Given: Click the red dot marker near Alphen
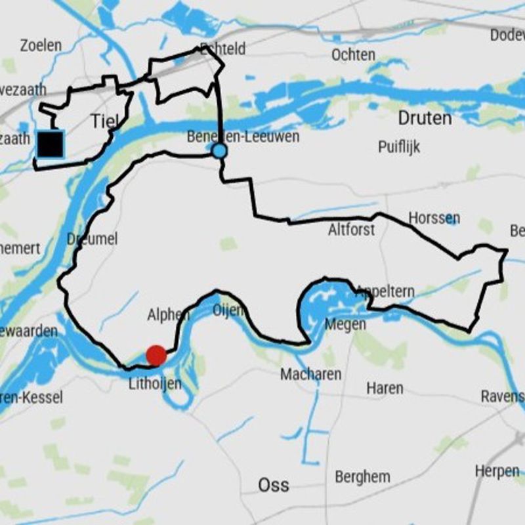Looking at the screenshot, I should (x=156, y=356).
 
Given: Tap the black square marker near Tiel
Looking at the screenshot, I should (x=51, y=144).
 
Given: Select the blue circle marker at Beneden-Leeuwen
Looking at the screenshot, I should (x=219, y=151).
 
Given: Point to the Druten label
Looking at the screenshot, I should (x=425, y=118).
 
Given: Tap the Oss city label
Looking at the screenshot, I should (x=274, y=486).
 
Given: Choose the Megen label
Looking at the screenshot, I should (x=345, y=324).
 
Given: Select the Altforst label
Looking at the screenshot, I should (x=352, y=230).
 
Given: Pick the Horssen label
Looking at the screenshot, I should (x=434, y=217).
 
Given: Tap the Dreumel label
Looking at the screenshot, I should (x=93, y=239).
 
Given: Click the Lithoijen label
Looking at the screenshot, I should (x=155, y=383).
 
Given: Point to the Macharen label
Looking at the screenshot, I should (x=310, y=374).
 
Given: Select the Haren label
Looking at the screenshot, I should (x=385, y=388).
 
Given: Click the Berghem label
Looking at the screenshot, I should (x=362, y=477).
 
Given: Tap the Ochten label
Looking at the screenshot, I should (x=353, y=55).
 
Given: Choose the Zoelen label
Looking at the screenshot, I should (x=41, y=45).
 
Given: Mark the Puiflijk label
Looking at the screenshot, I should (x=399, y=146).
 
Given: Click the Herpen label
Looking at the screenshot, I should (x=497, y=471).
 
